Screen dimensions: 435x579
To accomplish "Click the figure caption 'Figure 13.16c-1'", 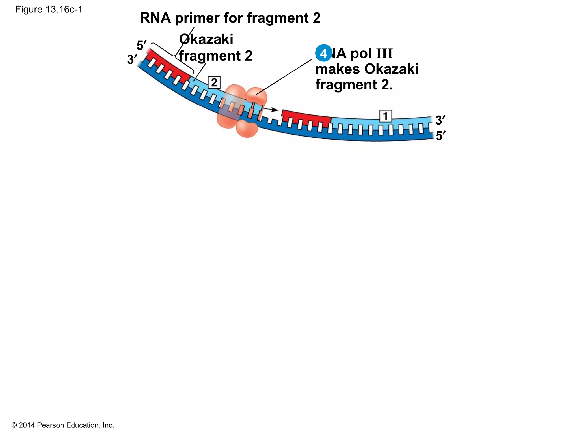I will point(49,10).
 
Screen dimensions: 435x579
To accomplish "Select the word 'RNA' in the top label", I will point(155,18).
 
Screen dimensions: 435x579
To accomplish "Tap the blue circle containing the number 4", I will point(323,53).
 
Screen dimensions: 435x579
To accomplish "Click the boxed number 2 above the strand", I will point(214,83).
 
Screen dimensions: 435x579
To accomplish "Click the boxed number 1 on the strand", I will point(385,116).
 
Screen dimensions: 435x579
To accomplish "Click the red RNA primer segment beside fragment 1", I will point(307,117).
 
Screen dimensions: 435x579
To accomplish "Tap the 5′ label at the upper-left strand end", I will point(141,45).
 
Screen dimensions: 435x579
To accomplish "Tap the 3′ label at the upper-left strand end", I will point(132,59).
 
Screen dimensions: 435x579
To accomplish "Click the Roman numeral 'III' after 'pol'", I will point(384,54).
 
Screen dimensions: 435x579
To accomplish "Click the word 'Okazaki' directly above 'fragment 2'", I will point(206,39).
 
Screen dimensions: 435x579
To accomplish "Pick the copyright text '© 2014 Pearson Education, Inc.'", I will point(63,425).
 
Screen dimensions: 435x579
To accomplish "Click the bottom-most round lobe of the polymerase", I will point(247,129).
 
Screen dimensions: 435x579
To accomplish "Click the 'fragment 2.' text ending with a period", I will point(354,85).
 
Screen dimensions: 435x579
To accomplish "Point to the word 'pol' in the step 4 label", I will point(361,54).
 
